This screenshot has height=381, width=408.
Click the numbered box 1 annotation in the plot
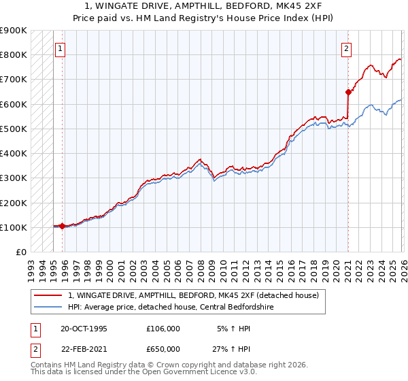pyautogui.click(x=60, y=48)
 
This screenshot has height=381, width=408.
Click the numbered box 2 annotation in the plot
pyautogui.click(x=346, y=48)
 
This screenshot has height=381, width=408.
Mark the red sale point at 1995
pyautogui.click(x=63, y=226)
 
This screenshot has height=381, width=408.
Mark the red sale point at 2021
pyautogui.click(x=348, y=92)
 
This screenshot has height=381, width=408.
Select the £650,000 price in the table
pyautogui.click(x=164, y=348)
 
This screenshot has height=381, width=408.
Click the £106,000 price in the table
pyautogui.click(x=164, y=328)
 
